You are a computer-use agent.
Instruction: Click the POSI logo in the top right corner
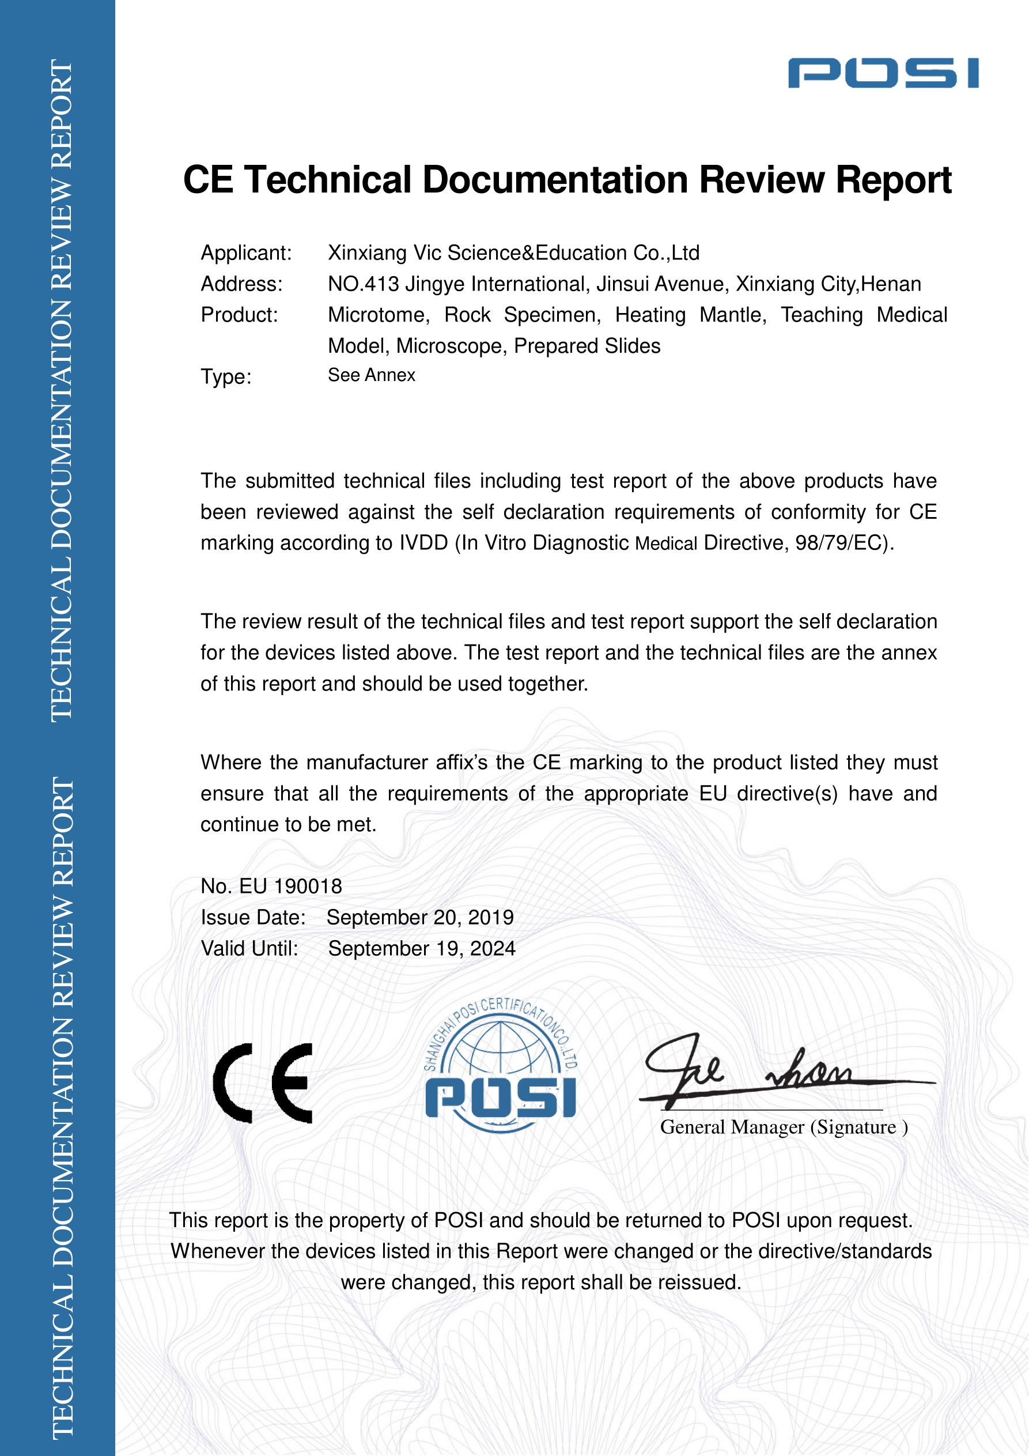883,73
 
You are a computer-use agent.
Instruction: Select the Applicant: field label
246,253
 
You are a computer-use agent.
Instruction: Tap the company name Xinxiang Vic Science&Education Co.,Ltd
513,253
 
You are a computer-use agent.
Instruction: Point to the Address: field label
241,284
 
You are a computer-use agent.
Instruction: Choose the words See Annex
371,375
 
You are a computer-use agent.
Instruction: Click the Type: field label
226,378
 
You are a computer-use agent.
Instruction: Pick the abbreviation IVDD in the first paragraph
423,544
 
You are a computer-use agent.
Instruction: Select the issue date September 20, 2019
419,918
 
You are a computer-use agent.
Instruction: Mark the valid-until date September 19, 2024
421,949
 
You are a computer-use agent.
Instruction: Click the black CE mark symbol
263,1083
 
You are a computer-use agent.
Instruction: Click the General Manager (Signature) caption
784,1127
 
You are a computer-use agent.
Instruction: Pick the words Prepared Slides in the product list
587,346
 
